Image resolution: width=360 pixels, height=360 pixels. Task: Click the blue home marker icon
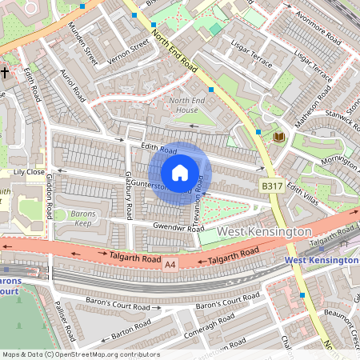coord(180,172)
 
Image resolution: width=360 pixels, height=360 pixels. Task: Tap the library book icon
coord(279,137)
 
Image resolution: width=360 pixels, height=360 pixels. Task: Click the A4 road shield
coord(170,263)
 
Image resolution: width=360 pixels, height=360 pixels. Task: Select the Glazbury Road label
coord(127,195)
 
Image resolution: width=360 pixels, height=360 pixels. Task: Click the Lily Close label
coord(29,172)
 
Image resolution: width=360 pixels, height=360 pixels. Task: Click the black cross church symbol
coord(5,73)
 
